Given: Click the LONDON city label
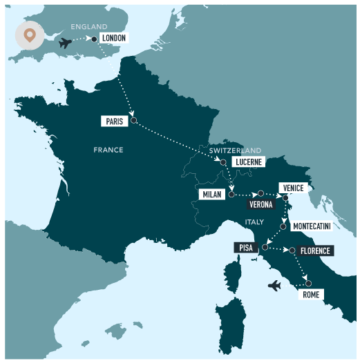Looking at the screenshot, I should pyautogui.click(x=115, y=38).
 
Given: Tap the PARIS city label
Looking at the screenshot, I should pyautogui.click(x=114, y=121).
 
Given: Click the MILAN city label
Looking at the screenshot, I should pyautogui.click(x=211, y=195).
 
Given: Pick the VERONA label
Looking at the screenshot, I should pyautogui.click(x=261, y=205).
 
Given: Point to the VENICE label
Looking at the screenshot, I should pyautogui.click(x=292, y=188).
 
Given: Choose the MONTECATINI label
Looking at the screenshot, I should pyautogui.click(x=311, y=226).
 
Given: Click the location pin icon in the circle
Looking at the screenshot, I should pyautogui.click(x=30, y=35).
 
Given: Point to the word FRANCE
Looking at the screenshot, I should pyautogui.click(x=108, y=150).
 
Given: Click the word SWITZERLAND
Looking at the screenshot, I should pyautogui.click(x=236, y=150).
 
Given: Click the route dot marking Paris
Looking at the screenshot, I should pyautogui.click(x=133, y=121).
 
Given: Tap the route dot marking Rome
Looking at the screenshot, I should pyautogui.click(x=308, y=283).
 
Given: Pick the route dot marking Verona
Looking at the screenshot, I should pyautogui.click(x=260, y=194).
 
